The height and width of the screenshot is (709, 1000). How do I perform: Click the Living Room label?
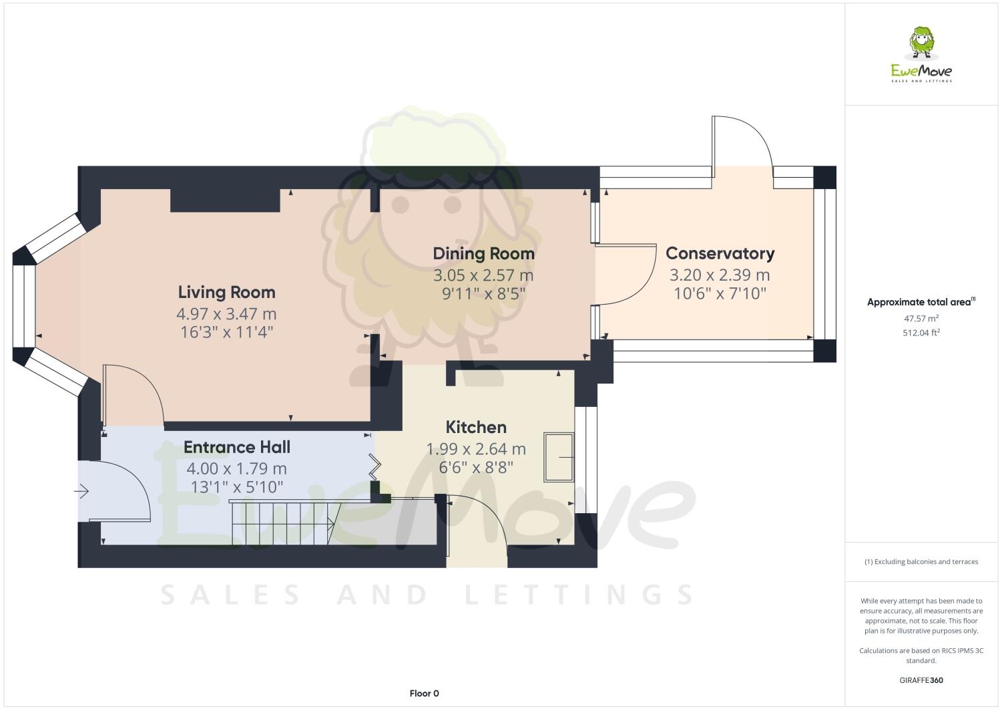coord(227,292)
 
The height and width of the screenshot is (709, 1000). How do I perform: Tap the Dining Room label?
coord(483,254)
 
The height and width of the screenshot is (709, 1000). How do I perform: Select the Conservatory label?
coord(720,253)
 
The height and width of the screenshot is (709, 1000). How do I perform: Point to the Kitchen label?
coord(476,427)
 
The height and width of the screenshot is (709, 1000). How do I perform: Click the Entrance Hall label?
coord(237,447)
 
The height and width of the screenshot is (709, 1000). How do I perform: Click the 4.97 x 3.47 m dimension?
coord(227,313)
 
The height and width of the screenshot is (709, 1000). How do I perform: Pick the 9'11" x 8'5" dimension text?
coord(483,293)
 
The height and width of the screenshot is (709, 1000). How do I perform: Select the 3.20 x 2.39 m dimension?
coord(720,275)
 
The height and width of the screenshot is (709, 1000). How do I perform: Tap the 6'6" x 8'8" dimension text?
coord(476,467)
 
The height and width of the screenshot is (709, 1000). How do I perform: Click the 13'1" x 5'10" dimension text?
coord(237,486)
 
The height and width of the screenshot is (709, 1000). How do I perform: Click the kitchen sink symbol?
coord(559,457)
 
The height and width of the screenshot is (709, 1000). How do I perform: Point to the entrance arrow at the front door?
coord(81,491)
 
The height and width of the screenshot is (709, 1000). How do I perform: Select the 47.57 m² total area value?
coord(921,319)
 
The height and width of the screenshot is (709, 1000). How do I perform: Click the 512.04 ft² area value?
coord(921,332)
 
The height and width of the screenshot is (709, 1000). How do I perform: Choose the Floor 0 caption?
coord(424,694)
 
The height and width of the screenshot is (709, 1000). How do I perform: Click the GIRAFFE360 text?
coord(921,680)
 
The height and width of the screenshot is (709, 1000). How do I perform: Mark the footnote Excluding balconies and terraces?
coord(921,561)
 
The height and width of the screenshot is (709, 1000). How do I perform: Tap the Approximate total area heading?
coord(921,302)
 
